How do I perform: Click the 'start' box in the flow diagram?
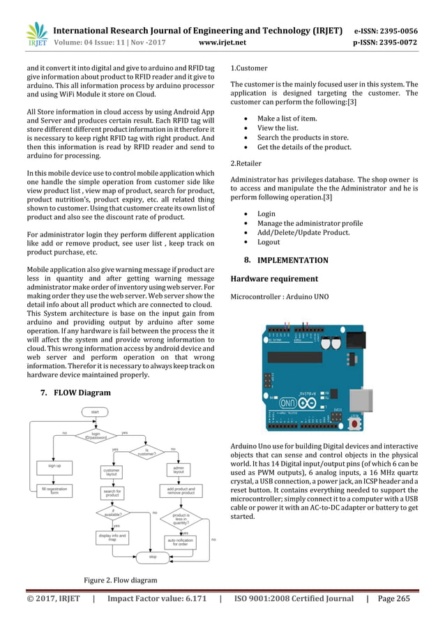94,412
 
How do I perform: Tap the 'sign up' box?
54,465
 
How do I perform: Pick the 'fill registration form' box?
54,490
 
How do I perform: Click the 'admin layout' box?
178,469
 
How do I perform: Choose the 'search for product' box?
112,493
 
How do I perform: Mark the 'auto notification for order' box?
181,541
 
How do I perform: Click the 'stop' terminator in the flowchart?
153,557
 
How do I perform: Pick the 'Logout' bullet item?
269,242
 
